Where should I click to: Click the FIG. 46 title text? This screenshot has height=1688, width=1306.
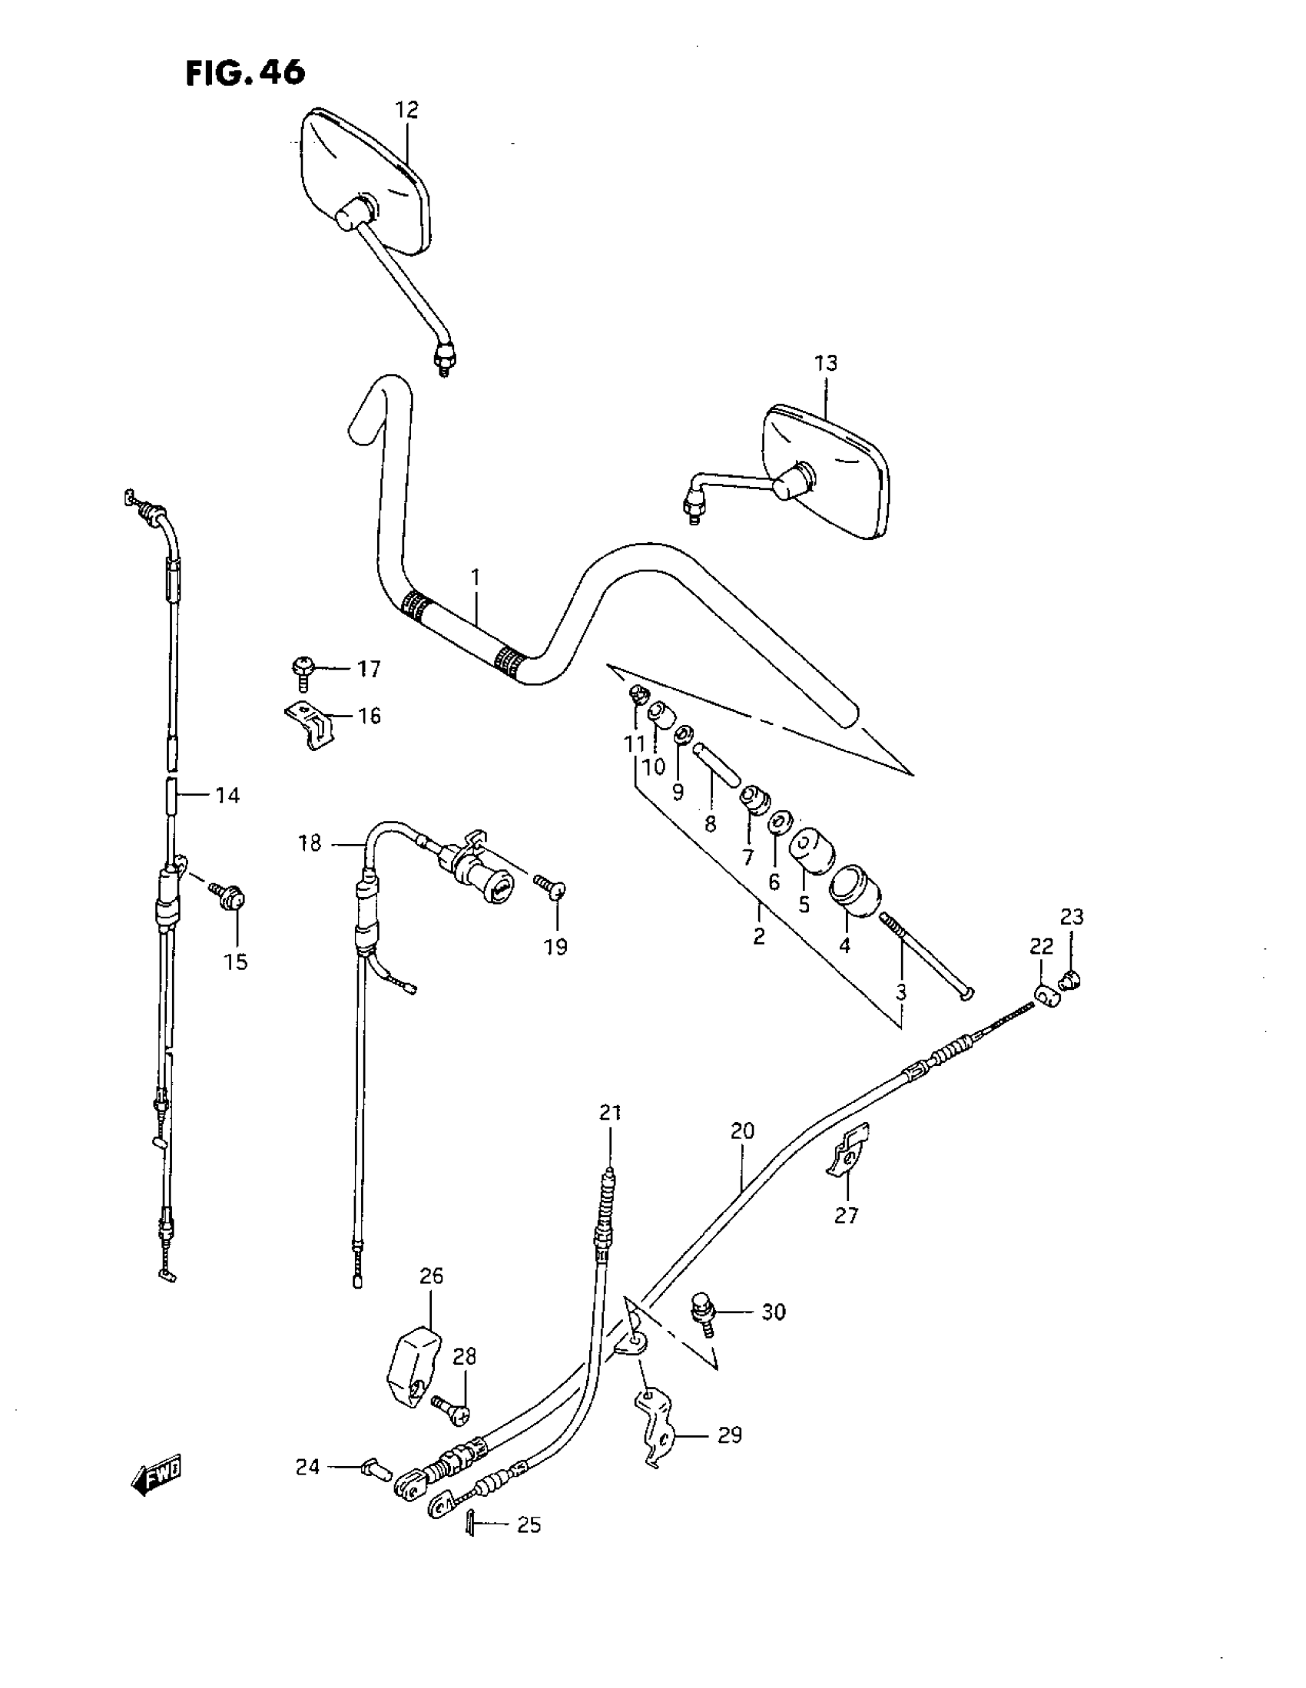click(245, 73)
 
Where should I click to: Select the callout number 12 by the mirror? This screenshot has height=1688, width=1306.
click(406, 111)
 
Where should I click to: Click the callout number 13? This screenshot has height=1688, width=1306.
click(826, 363)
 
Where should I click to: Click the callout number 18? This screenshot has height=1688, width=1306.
click(310, 843)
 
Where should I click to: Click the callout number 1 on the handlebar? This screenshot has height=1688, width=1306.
click(476, 578)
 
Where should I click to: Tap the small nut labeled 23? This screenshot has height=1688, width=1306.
click(1072, 981)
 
